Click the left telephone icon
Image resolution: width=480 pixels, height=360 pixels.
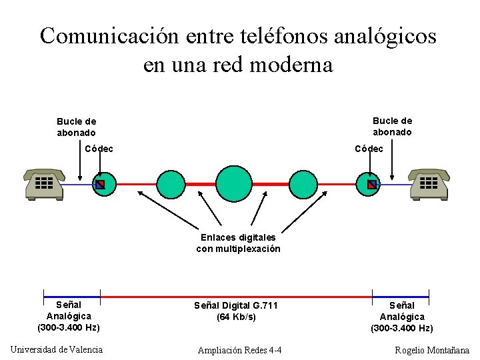44,184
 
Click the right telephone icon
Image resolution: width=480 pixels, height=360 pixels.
429,184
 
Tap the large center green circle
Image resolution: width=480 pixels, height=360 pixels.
235,183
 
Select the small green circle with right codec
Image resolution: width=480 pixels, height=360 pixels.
371,184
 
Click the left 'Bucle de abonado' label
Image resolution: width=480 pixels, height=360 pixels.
76,127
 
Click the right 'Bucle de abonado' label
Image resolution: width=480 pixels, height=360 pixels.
392,126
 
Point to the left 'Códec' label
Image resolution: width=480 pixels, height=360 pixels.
99,148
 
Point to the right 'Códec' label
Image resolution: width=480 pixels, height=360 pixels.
369,149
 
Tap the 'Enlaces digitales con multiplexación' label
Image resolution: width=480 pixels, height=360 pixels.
238,243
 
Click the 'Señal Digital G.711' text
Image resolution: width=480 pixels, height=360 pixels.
235,305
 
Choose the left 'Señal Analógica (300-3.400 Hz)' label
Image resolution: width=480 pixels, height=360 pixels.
69,316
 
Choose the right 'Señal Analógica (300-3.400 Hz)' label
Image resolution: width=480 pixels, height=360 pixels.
401,317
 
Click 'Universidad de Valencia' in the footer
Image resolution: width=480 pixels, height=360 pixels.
57,349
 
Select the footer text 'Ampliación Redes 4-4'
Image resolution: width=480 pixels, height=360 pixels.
239,350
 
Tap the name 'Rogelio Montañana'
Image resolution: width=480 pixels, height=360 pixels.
431,350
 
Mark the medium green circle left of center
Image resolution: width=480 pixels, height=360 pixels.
171,184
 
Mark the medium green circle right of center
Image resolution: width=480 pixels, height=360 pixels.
303,184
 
